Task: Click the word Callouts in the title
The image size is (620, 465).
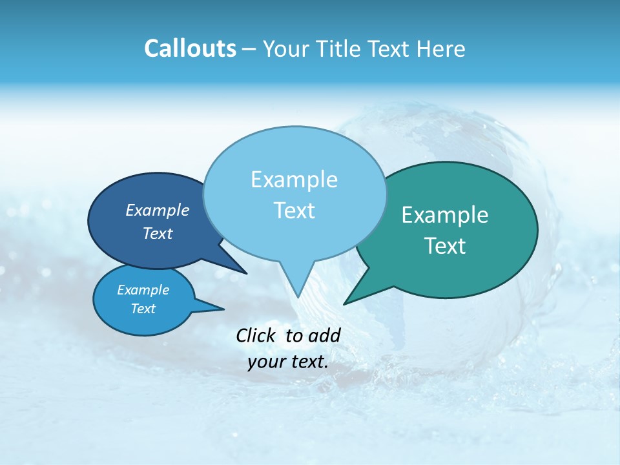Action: [190, 48]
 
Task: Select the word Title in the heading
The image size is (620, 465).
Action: [342, 48]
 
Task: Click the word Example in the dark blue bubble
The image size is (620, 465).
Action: [158, 210]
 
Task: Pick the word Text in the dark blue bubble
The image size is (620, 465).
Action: [158, 233]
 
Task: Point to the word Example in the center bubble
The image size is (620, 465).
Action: [294, 180]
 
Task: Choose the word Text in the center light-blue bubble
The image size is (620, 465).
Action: [294, 211]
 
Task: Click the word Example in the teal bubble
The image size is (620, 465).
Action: [445, 215]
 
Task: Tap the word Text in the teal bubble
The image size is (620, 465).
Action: [445, 245]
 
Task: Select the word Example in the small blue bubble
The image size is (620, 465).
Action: [143, 290]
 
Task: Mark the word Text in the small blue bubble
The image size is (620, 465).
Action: [143, 309]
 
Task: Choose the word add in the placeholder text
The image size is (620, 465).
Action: [325, 335]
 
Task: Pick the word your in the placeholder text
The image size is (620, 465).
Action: [265, 362]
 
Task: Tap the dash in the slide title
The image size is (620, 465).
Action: [249, 49]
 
